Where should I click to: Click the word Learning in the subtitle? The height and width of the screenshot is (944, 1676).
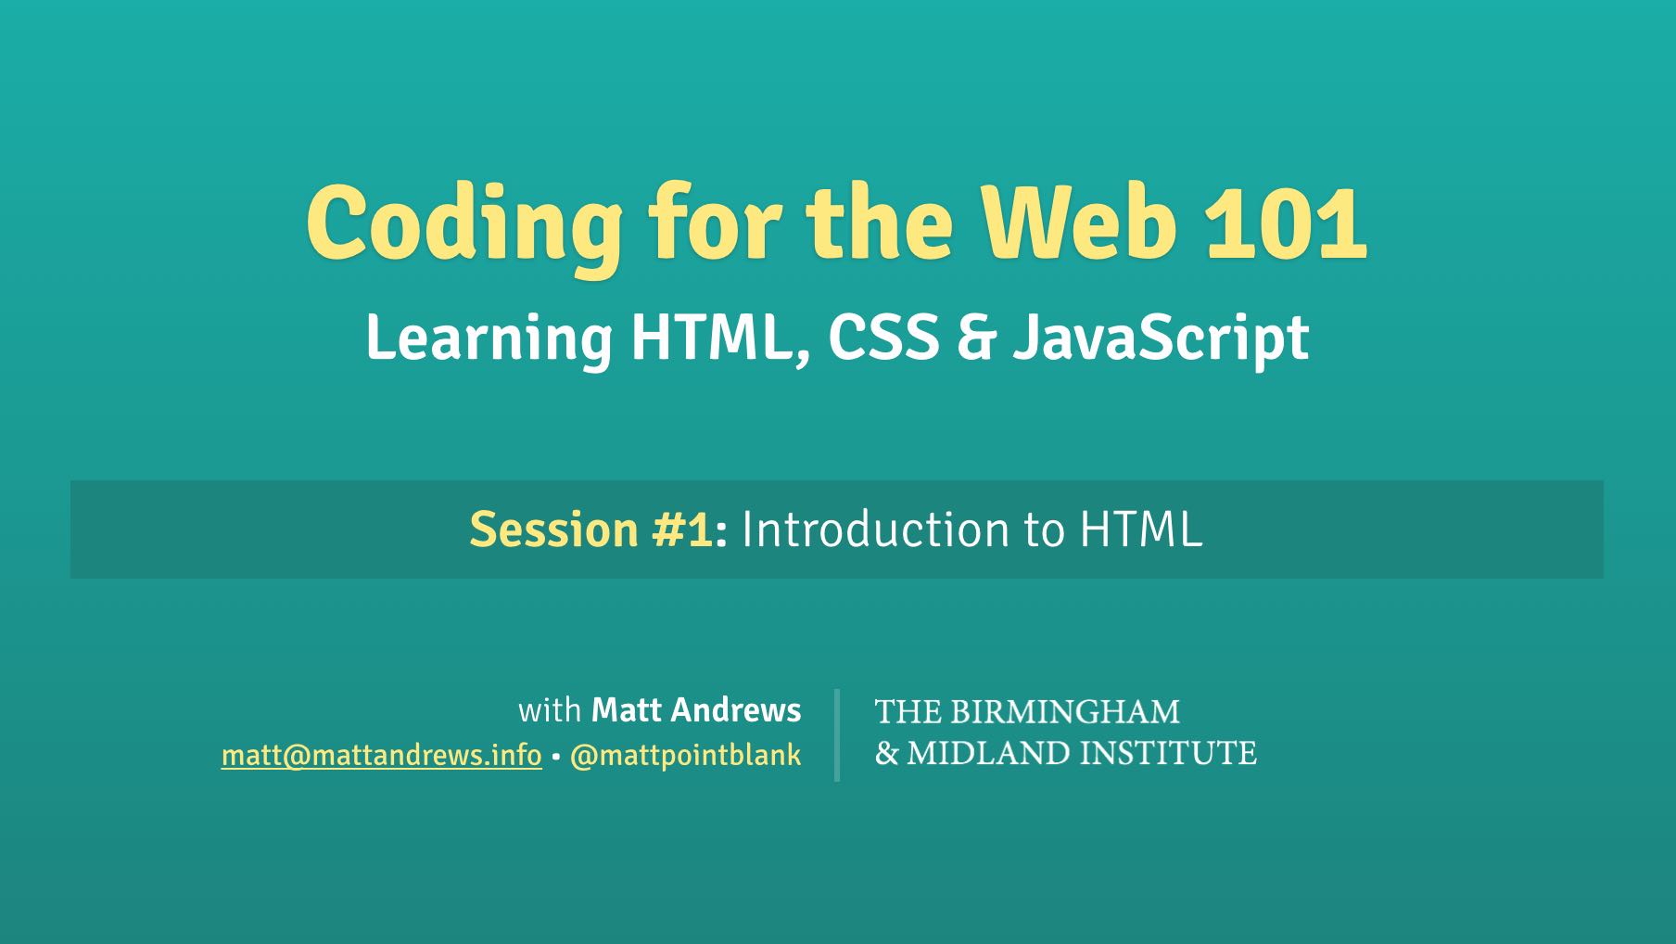489,340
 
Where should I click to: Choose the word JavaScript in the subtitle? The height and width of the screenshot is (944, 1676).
1160,340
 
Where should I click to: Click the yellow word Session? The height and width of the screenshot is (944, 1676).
553,529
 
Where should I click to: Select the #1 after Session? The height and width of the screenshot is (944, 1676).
684,529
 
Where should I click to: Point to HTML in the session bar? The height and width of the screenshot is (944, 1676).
1141,529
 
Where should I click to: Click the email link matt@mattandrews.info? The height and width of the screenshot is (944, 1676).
381,756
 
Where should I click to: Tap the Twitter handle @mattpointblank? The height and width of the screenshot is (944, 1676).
685,757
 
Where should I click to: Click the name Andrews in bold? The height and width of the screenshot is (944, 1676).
736,710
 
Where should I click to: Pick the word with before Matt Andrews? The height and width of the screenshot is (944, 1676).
550,710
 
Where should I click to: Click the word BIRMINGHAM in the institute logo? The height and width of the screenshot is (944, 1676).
1065,712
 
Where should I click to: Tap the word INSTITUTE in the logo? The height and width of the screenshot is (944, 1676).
1168,753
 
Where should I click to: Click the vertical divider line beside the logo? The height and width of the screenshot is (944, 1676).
837,734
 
